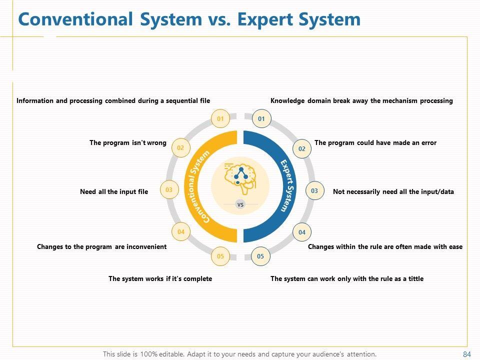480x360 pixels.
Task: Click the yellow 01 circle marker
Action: pos(220,118)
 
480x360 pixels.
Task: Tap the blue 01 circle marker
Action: pos(261,118)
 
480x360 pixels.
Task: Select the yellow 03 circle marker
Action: pos(169,190)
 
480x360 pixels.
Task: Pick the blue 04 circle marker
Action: pos(302,232)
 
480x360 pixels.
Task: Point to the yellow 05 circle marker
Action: pos(220,256)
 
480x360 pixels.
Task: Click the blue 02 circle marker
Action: pos(302,148)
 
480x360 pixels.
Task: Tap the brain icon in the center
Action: pos(240,177)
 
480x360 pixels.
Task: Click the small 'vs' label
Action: pos(240,204)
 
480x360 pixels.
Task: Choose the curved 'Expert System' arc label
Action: pos(287,185)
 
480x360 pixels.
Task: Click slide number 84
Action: pos(467,354)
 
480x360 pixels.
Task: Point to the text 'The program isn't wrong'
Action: pos(128,142)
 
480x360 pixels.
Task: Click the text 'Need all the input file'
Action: pos(114,191)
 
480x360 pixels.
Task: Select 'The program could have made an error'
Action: pos(375,142)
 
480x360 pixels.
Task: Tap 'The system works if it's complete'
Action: pos(160,278)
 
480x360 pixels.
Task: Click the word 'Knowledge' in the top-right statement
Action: pos(287,100)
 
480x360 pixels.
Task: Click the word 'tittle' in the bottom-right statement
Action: pos(415,278)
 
